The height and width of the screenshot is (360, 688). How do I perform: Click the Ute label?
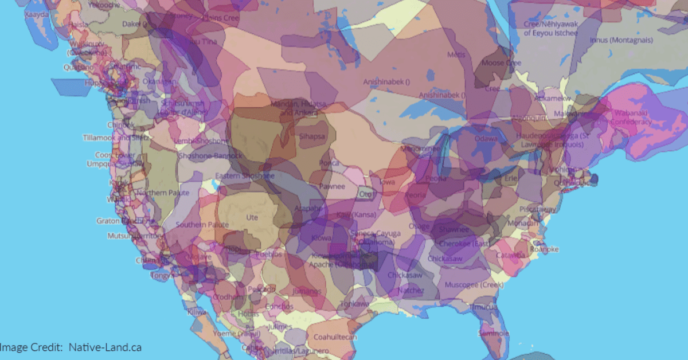click(252, 217)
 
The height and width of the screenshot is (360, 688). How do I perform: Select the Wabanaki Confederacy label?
click(631, 118)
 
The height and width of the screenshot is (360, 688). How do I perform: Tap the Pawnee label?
click(332, 186)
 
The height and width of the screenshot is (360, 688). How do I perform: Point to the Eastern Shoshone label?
click(245, 176)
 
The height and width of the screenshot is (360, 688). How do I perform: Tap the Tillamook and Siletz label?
click(114, 138)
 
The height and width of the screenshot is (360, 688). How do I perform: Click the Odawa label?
click(486, 139)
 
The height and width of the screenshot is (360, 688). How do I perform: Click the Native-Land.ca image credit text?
click(105, 347)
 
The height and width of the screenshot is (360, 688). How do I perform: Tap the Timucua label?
click(484, 307)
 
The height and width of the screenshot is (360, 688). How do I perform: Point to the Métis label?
click(456, 54)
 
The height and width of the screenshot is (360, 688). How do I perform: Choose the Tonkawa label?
click(354, 303)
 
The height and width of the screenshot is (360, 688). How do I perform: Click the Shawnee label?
click(454, 229)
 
